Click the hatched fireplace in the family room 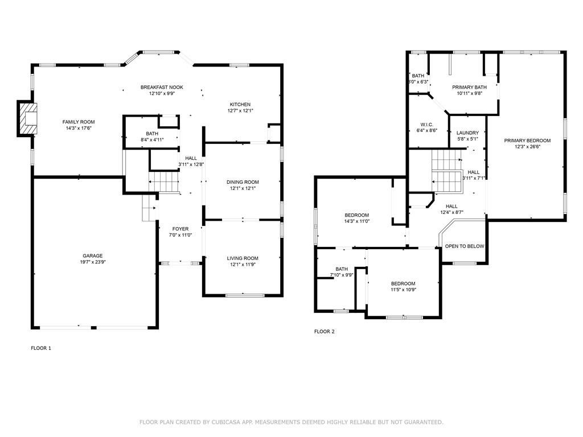pos(28,118)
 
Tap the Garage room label pos(93,255)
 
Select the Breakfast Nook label pos(162,87)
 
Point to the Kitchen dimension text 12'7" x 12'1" pos(240,111)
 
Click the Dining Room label pos(243,182)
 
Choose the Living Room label pos(243,258)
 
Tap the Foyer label pos(180,229)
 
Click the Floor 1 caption pos(41,348)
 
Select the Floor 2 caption pos(325,332)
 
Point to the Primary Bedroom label pos(527,141)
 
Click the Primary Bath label pos(469,87)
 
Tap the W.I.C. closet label pos(427,125)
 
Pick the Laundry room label pos(468,133)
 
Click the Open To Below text pos(465,246)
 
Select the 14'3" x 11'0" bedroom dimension pos(357,221)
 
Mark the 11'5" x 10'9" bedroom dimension pos(403,290)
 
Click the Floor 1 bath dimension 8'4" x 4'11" pos(152,140)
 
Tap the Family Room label pos(79,122)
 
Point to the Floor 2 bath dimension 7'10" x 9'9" pos(342,275)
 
